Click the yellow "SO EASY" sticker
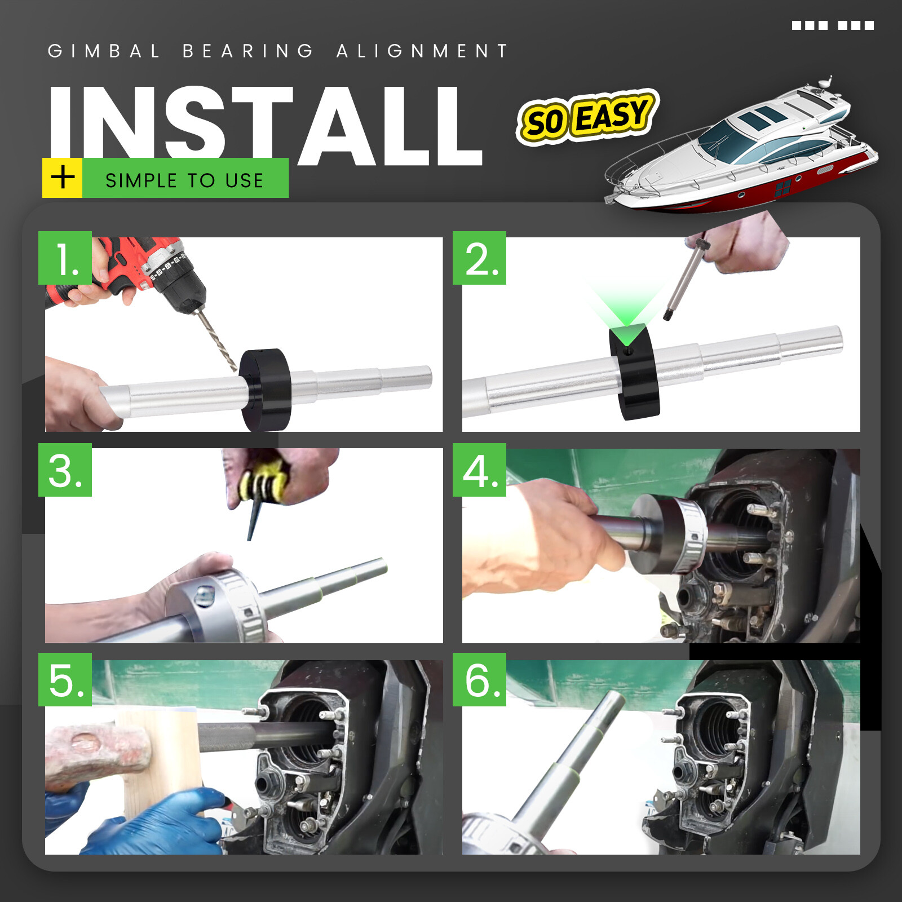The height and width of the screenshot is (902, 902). click(586, 117)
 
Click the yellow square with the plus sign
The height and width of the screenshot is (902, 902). click(63, 178)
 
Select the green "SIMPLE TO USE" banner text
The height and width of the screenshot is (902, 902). click(185, 180)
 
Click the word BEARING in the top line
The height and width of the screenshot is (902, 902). click(248, 51)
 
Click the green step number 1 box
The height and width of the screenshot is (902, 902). click(65, 258)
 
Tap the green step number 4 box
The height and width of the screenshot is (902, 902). click(479, 470)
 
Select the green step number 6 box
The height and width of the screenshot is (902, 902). click(479, 679)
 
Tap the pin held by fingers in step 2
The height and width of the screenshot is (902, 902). click(685, 279)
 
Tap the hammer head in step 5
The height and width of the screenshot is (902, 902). click(99, 750)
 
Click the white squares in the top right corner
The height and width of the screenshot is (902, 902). click(833, 25)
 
